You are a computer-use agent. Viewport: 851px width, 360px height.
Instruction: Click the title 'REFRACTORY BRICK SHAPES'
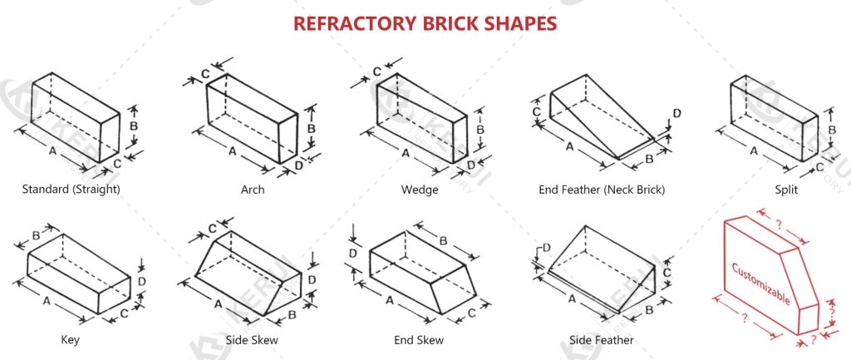pos(425,22)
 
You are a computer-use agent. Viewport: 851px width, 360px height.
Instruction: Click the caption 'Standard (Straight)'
pos(71,190)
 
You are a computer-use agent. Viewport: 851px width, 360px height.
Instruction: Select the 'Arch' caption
pos(253,190)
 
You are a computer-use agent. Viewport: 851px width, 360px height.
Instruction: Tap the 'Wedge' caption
pos(420,190)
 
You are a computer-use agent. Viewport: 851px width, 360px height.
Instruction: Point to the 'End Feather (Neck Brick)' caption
pos(602,190)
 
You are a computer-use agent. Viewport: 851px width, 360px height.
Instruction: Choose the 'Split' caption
pos(785,190)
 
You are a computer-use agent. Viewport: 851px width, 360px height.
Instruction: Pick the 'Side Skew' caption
pos(252,340)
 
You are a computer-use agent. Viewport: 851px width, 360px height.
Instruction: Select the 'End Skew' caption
pos(419,340)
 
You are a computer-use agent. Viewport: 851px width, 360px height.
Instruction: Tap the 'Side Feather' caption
pos(602,340)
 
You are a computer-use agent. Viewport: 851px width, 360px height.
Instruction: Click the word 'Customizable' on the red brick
pos(760,284)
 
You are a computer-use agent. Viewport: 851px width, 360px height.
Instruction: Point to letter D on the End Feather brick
pos(676,113)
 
